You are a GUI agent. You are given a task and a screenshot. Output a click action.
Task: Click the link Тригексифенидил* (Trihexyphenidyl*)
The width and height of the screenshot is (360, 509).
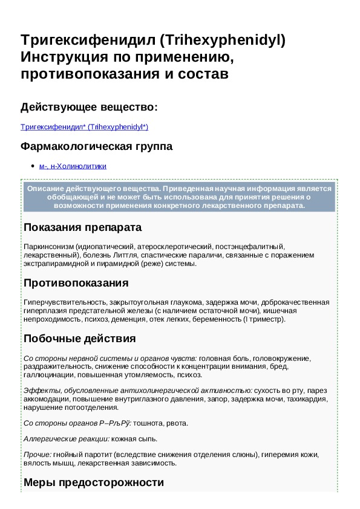84,127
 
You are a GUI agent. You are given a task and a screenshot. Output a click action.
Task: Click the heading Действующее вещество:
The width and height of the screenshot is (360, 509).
89,107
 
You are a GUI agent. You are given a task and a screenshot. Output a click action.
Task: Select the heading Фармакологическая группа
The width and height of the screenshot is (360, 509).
96,146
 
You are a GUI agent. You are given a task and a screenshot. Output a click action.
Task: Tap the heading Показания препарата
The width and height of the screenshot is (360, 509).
82,228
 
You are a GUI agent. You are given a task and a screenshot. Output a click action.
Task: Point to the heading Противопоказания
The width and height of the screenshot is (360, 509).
76,283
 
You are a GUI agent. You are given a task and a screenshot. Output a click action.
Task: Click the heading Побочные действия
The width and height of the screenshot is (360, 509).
79,339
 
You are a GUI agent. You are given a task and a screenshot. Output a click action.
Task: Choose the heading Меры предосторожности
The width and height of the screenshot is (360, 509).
93,482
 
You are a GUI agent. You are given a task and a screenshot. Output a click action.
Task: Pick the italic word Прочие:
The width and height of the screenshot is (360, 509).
36,454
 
